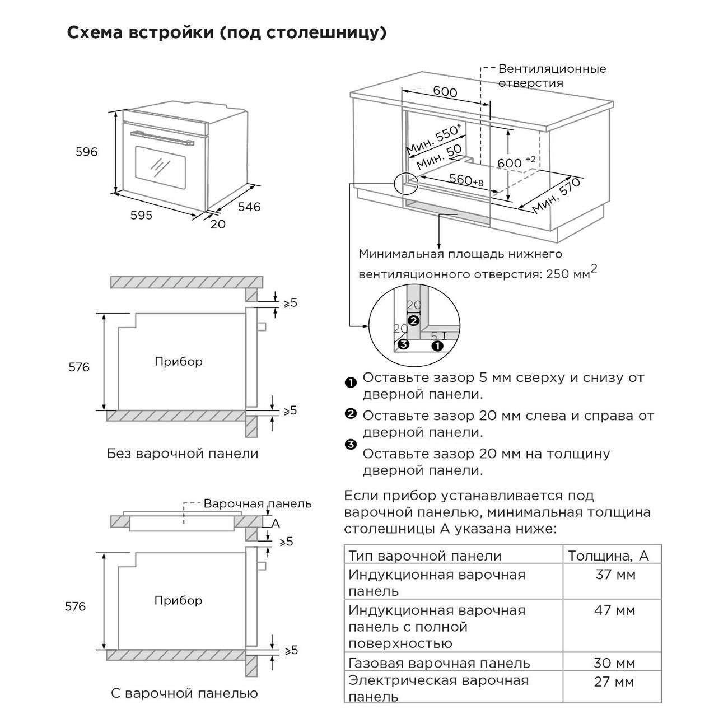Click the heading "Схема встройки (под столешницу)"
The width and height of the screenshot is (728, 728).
coord(226,33)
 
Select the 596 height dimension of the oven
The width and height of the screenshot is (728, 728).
coord(87,152)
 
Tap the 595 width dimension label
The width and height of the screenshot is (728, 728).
coord(141,215)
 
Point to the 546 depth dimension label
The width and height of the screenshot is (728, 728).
coord(249,207)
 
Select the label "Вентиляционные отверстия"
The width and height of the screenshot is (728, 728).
coord(552,76)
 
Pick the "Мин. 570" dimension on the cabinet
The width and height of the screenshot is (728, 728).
coord(556,197)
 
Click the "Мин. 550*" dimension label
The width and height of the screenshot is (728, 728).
coord(434,138)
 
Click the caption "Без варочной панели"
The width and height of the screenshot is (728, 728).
coord(183,453)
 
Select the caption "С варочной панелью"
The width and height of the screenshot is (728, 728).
coord(184,693)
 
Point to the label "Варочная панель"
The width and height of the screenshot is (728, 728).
coord(257,503)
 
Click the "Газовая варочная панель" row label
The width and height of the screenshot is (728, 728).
coord(439,663)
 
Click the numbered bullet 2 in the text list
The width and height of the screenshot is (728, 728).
coord(351,414)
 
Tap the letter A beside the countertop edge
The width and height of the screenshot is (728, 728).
coord(275,523)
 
